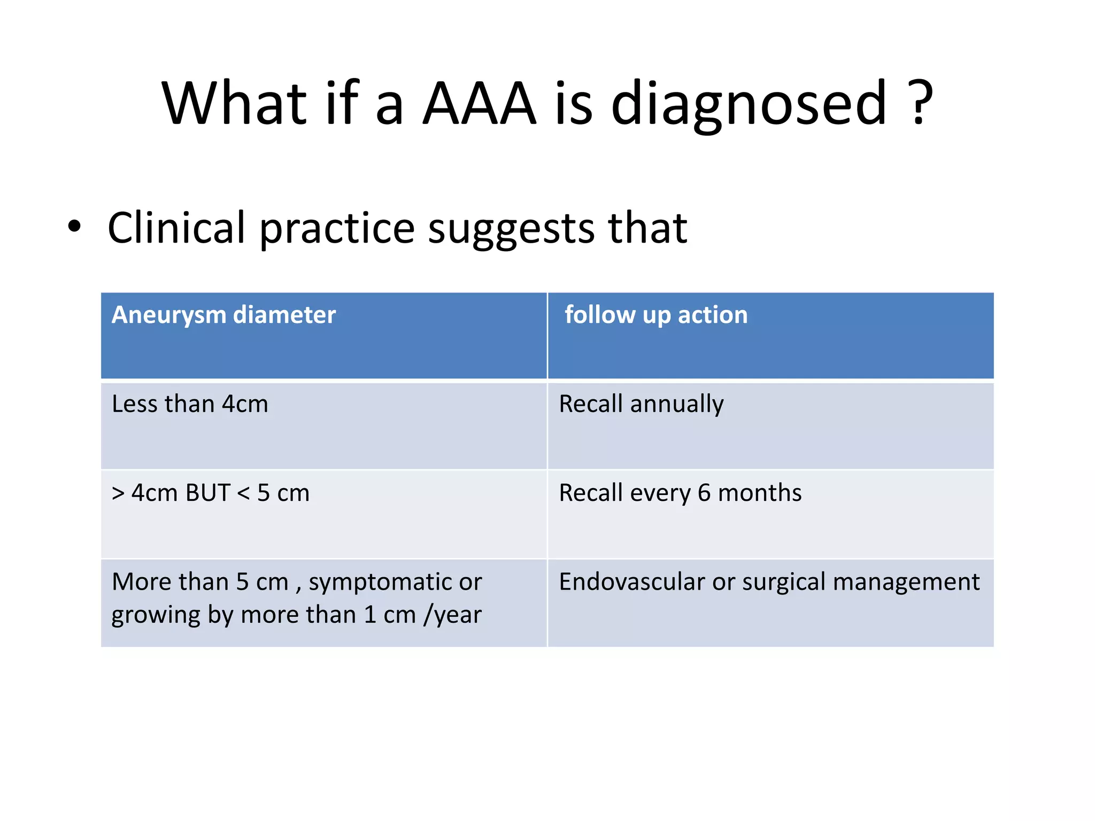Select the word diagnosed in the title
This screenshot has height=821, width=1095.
coord(749,104)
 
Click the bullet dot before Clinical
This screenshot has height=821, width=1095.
coord(74,227)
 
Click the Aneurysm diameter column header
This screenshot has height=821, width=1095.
coord(223,315)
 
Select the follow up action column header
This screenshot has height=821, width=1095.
coord(656,315)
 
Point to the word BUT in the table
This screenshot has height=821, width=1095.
coord(207,493)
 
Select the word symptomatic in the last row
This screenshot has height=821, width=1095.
coord(380,583)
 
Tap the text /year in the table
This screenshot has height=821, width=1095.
coord(452,615)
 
